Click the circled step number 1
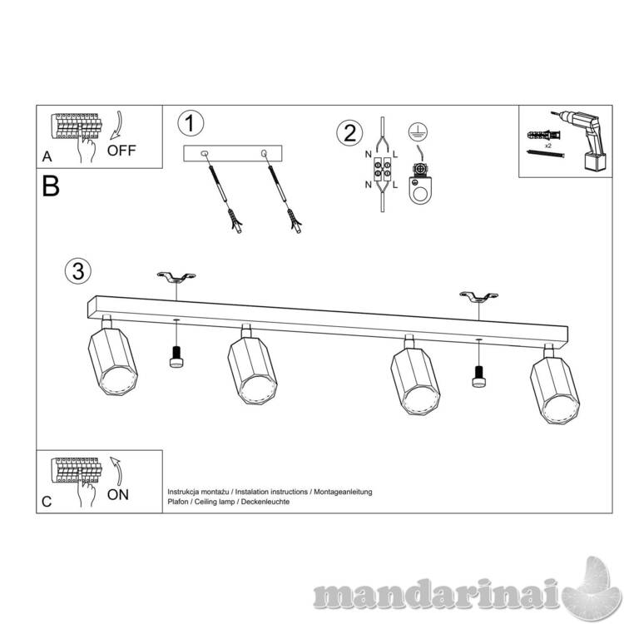click(x=191, y=123)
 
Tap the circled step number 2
click(x=349, y=132)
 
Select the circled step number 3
click(x=78, y=271)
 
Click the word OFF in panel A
click(x=121, y=151)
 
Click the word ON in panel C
click(x=118, y=495)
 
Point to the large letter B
click(x=51, y=186)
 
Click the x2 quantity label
click(x=548, y=146)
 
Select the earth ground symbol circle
click(x=418, y=131)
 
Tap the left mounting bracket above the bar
click(x=176, y=277)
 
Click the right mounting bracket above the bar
click(x=478, y=297)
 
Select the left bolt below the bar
click(x=176, y=357)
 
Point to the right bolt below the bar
click(x=478, y=376)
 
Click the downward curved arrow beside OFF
click(x=117, y=125)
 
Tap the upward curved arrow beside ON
click(x=116, y=471)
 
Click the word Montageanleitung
click(x=343, y=492)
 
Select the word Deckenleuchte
click(x=265, y=502)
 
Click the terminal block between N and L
click(x=382, y=169)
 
